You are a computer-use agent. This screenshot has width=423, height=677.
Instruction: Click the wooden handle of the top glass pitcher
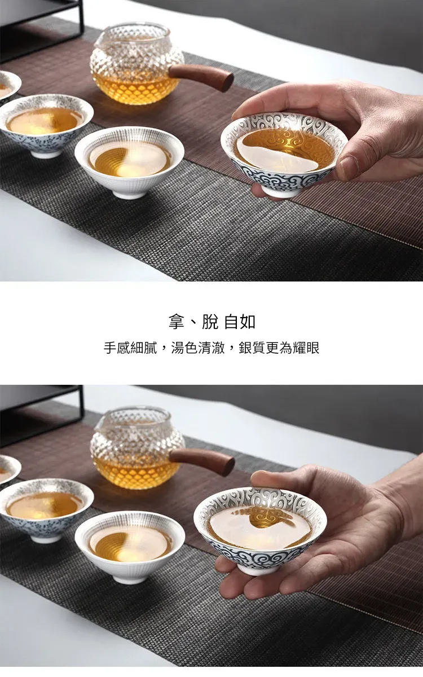pos(201,77)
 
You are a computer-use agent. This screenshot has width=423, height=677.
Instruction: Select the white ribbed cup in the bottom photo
pos(130,547)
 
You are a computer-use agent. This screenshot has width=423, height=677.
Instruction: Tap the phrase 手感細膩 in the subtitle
pos(130,348)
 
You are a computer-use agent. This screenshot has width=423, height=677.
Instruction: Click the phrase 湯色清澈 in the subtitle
pos(198,348)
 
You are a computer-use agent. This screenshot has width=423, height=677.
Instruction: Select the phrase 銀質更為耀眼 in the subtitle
pos(279,348)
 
